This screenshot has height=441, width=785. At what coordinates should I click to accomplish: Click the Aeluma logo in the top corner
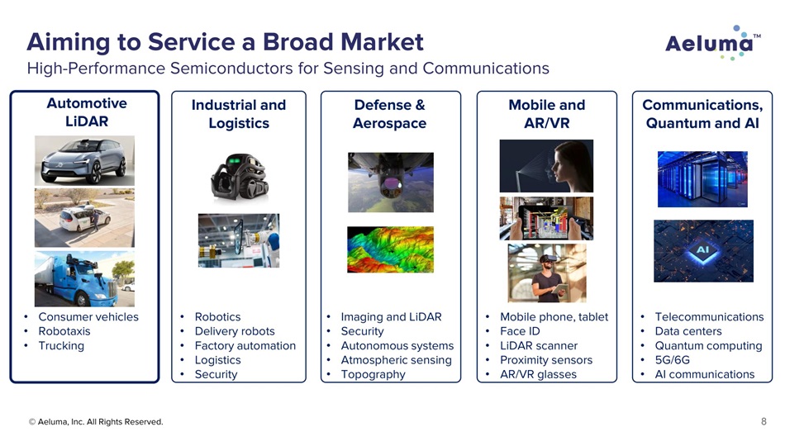(713, 43)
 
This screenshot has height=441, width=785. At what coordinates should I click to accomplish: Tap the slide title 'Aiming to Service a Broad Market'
(226, 41)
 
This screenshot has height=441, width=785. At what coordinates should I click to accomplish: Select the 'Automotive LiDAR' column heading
(87, 112)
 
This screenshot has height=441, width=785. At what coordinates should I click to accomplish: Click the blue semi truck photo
(84, 279)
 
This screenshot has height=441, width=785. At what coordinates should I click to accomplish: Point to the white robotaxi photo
(84, 218)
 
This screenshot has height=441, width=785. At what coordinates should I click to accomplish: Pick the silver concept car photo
(84, 161)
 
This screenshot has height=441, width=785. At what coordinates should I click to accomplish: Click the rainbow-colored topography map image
(391, 249)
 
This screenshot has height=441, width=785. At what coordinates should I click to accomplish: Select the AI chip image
(703, 251)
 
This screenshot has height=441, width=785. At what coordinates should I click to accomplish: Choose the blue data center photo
(702, 179)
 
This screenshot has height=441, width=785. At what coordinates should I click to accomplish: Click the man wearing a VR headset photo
(547, 273)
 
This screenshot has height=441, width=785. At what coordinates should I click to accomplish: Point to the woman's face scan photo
(546, 166)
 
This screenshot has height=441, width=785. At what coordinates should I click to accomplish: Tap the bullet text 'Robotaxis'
(64, 331)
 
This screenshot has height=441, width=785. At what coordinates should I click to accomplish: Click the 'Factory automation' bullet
(245, 346)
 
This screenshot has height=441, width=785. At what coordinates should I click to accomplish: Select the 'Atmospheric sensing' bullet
(396, 360)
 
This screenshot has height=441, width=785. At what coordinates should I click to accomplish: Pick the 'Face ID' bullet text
(520, 331)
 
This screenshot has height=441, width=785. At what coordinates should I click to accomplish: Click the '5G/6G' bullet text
(673, 360)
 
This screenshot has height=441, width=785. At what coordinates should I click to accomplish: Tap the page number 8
(764, 421)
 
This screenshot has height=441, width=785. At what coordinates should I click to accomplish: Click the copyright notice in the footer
(96, 422)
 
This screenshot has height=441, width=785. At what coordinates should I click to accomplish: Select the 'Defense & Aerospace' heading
(389, 114)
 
